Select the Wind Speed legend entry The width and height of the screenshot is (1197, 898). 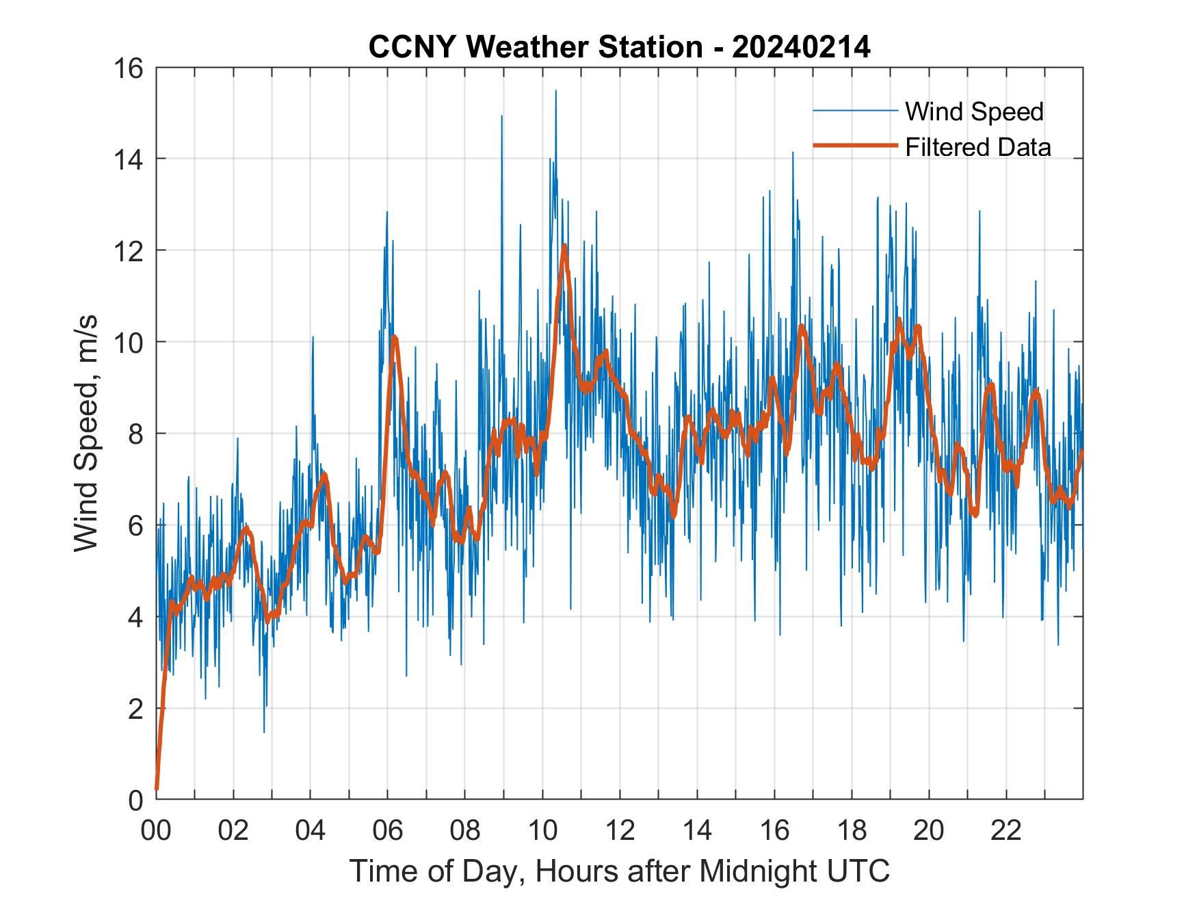pos(974,111)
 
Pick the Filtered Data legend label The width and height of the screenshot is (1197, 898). pos(977,147)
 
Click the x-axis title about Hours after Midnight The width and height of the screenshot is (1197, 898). pos(619,871)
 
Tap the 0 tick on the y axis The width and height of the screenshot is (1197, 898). pos(135,800)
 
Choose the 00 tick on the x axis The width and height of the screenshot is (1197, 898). pos(156,831)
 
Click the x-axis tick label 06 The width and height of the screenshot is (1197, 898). pos(388,831)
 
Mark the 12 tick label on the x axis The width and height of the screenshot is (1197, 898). pos(620,831)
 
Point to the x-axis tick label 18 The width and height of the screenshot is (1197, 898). pos(852,831)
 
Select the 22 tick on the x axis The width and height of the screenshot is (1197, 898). pos(1006,831)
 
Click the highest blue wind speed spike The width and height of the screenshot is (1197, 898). pos(555,91)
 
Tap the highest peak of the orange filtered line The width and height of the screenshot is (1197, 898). pos(564,245)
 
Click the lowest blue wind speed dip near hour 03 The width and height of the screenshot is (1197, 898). pos(264,732)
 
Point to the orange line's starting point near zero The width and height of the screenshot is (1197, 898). pos(157,789)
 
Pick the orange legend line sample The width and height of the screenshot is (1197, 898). pos(854,146)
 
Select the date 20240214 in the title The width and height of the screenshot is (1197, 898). pos(800,47)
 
